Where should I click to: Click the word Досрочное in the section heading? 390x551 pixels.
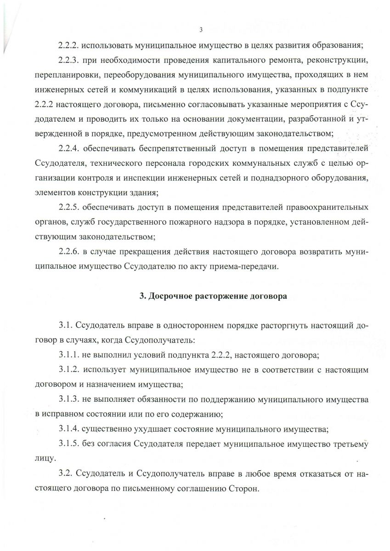[x=171, y=296]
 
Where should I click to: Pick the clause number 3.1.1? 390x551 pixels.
[x=70, y=355]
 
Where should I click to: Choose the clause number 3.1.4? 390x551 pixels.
[x=70, y=429]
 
